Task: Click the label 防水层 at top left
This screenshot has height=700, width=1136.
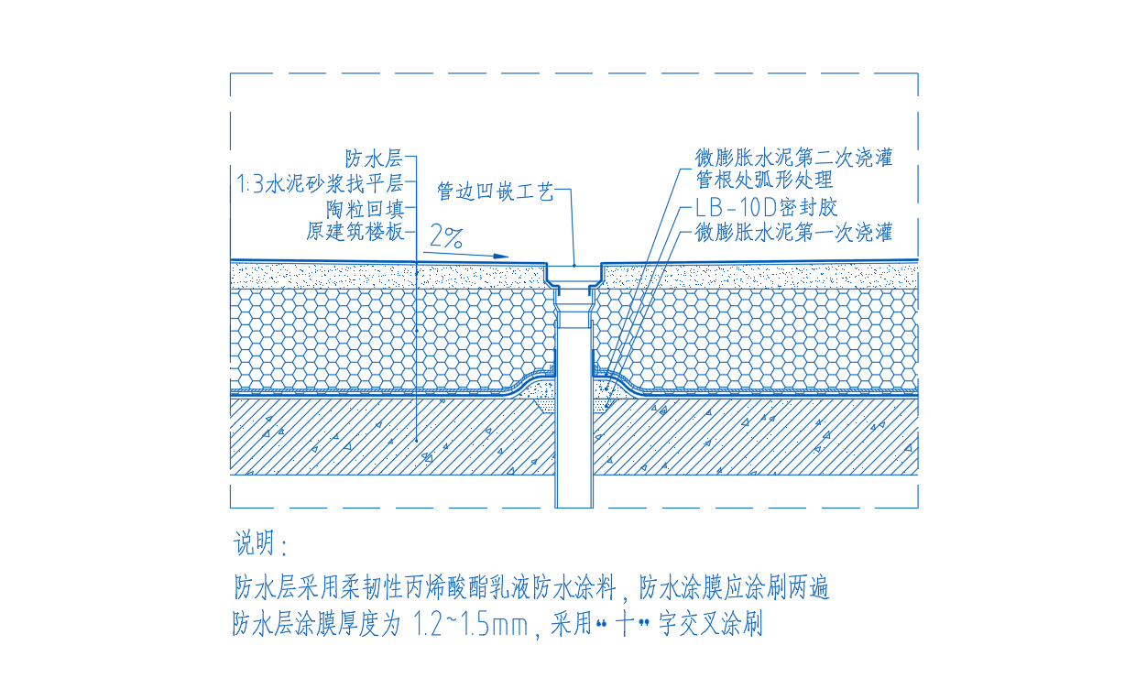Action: tap(375, 158)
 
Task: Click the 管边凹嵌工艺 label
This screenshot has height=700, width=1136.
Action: tap(495, 191)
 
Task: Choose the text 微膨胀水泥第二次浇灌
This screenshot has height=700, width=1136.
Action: tap(793, 158)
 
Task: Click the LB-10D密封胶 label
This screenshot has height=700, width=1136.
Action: tap(766, 207)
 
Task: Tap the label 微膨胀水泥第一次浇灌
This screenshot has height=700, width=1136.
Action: tap(793, 232)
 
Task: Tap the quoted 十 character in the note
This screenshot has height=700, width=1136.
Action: tap(624, 626)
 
